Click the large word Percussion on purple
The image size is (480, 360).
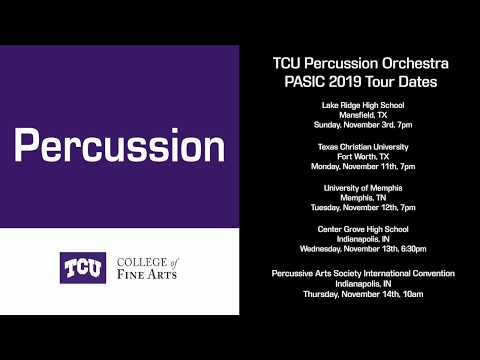[x=119, y=146]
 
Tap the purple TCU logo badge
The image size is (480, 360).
[x=83, y=267]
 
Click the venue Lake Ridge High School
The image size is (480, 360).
[x=363, y=105]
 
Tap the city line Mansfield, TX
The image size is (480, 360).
[x=363, y=115]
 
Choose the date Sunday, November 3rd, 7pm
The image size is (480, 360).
[x=363, y=125]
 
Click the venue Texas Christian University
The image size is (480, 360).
[x=363, y=147]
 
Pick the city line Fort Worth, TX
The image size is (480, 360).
[x=363, y=157]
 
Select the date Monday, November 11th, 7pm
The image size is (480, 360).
[x=363, y=167]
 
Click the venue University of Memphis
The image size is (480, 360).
[x=363, y=189]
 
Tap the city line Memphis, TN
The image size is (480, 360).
[x=363, y=199]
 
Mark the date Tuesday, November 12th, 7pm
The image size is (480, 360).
[x=363, y=209]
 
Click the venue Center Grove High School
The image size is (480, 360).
[x=363, y=230]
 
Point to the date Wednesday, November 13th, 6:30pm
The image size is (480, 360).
[x=363, y=250]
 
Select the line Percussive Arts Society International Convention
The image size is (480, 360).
[x=363, y=273]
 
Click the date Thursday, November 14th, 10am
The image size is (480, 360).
[x=363, y=293]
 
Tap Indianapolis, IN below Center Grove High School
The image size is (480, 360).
[x=363, y=240]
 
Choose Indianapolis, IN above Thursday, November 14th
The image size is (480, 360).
[x=363, y=283]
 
